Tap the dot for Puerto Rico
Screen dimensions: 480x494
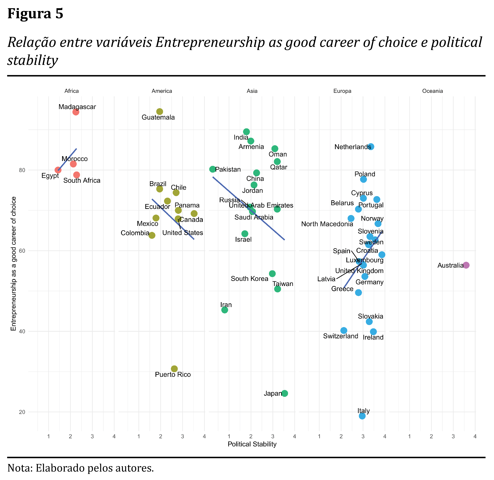coord(174,369)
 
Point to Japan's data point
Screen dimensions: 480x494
coord(285,393)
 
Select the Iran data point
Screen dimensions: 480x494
coord(225,310)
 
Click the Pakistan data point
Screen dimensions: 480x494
coord(213,169)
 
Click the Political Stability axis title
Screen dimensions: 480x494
coord(252,444)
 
